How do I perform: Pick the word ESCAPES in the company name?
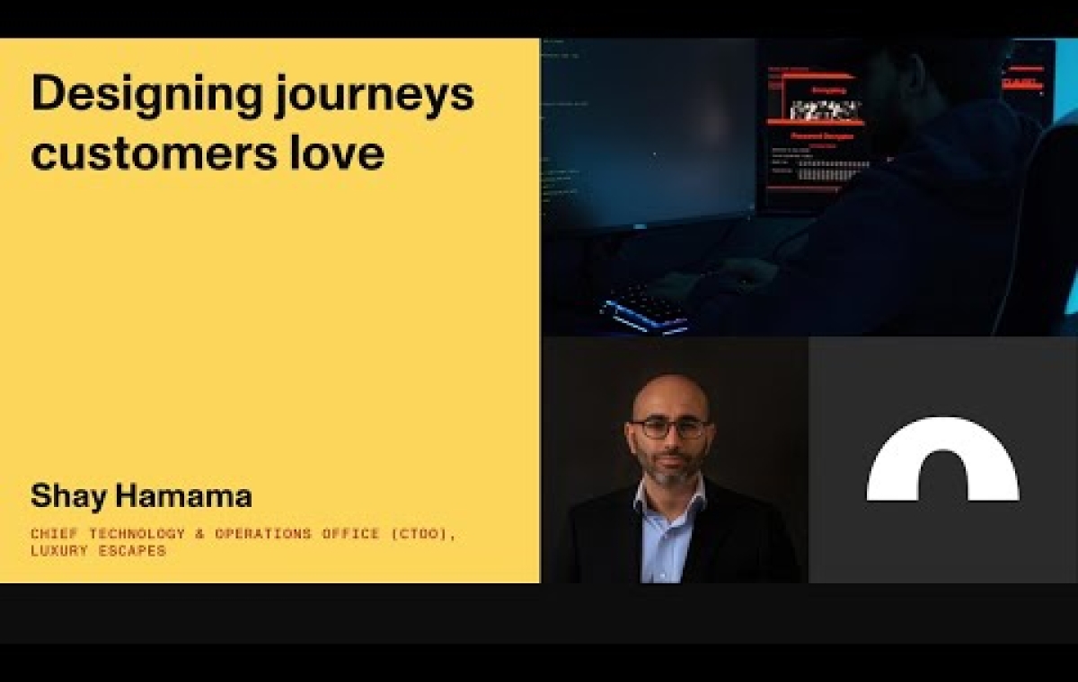[136, 550]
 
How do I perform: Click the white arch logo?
[942, 459]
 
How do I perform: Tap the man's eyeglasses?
[669, 429]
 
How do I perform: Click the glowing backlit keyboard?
[647, 310]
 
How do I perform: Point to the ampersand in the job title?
[200, 534]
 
